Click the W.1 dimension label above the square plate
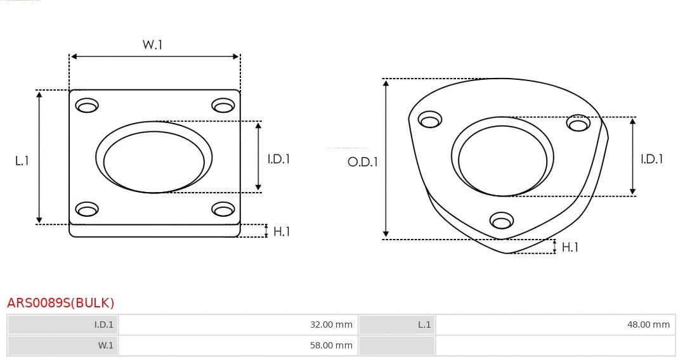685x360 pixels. pyautogui.click(x=152, y=44)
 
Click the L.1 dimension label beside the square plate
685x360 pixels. pyautogui.click(x=22, y=161)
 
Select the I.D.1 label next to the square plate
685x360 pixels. pyautogui.click(x=278, y=159)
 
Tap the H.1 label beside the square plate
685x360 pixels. pyautogui.click(x=282, y=231)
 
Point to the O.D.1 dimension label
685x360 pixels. pyautogui.click(x=363, y=162)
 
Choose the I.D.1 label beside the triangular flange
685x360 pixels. pyautogui.click(x=651, y=159)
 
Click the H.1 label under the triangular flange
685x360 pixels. pyautogui.click(x=570, y=247)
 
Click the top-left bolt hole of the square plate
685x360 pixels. pyautogui.click(x=87, y=105)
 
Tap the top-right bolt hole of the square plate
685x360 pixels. pyautogui.click(x=223, y=105)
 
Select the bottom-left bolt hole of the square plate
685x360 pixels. pyautogui.click(x=87, y=209)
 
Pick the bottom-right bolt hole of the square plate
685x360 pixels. pyautogui.click(x=223, y=209)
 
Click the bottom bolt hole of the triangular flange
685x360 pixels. pyautogui.click(x=502, y=221)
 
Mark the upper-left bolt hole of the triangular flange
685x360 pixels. pyautogui.click(x=430, y=119)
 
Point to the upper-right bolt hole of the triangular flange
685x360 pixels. pyautogui.click(x=578, y=123)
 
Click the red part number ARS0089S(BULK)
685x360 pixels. pyautogui.click(x=61, y=303)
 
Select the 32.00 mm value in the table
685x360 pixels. pyautogui.click(x=331, y=325)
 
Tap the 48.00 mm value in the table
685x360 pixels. pyautogui.click(x=648, y=325)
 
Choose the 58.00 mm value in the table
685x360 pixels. pyautogui.click(x=331, y=345)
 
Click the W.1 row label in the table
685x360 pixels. pyautogui.click(x=105, y=345)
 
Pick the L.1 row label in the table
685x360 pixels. pyautogui.click(x=424, y=325)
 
